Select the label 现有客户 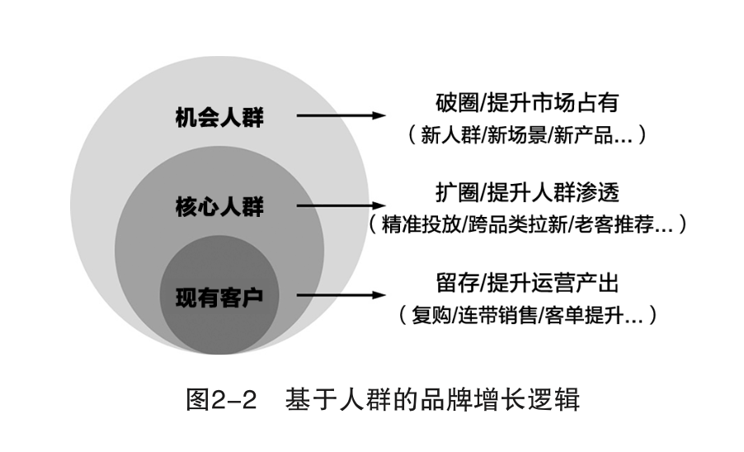219,295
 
